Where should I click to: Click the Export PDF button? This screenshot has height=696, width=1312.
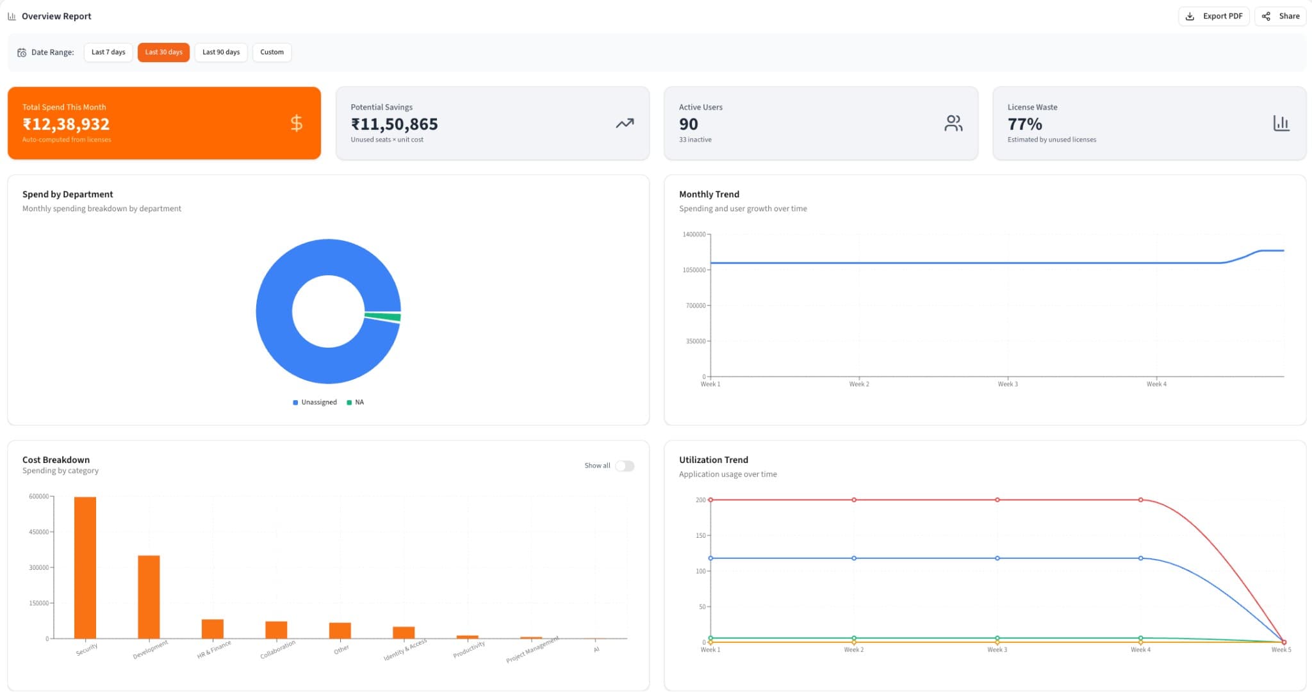pyautogui.click(x=1214, y=16)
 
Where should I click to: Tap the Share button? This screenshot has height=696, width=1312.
pyautogui.click(x=1281, y=16)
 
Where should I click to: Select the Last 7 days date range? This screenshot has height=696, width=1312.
pyautogui.click(x=108, y=52)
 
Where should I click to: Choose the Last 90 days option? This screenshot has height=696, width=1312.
pyautogui.click(x=221, y=52)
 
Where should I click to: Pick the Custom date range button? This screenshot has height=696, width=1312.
pyautogui.click(x=272, y=52)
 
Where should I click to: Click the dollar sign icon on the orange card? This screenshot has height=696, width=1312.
pyautogui.click(x=296, y=123)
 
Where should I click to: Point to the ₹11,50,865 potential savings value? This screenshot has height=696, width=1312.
pyautogui.click(x=394, y=124)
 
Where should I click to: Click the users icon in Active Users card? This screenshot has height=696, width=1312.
pyautogui.click(x=953, y=123)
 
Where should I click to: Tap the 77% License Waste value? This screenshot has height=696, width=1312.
pyautogui.click(x=1024, y=124)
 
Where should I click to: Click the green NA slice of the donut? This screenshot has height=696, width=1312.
pyautogui.click(x=383, y=316)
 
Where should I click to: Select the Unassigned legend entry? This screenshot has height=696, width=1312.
pyautogui.click(x=315, y=402)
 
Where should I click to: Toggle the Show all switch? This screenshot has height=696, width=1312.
pyautogui.click(x=625, y=465)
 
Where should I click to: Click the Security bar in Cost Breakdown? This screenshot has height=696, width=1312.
pyautogui.click(x=85, y=567)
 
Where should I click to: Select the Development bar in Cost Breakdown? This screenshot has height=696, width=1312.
pyautogui.click(x=149, y=597)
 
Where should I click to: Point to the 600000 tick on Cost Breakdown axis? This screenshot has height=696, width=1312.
pyautogui.click(x=39, y=496)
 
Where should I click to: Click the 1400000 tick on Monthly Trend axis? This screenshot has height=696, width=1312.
pyautogui.click(x=694, y=234)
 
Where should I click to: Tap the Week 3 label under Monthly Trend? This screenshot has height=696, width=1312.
pyautogui.click(x=1008, y=384)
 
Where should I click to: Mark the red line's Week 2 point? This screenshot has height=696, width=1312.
pyautogui.click(x=854, y=500)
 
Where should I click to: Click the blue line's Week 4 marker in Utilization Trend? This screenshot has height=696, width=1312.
pyautogui.click(x=1140, y=558)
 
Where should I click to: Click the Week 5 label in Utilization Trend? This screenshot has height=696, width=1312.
pyautogui.click(x=1281, y=650)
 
